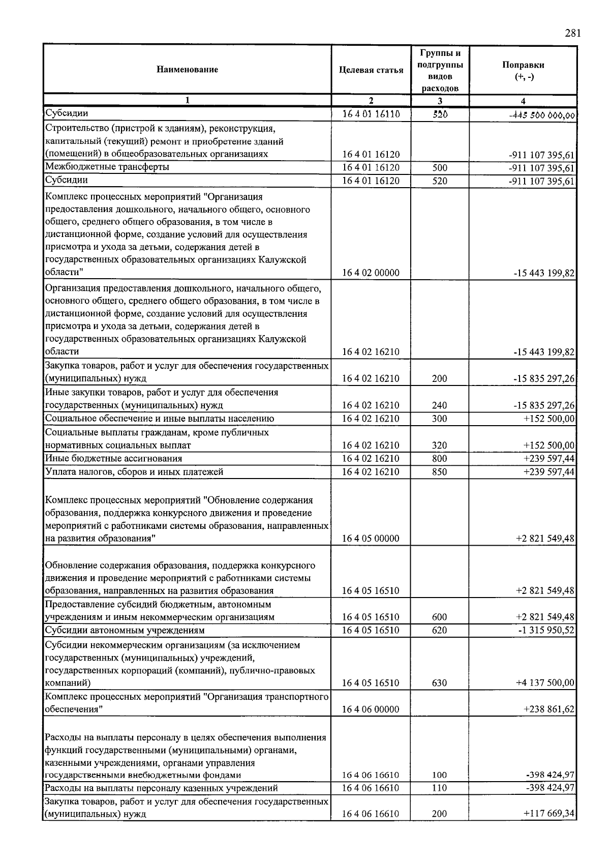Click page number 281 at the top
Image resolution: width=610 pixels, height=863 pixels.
pyautogui.click(x=572, y=34)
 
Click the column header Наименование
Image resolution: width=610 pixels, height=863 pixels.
pyautogui.click(x=187, y=70)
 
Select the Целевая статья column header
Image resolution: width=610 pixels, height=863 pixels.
pyautogui.click(x=371, y=70)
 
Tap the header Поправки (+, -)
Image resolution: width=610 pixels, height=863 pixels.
pyautogui.click(x=523, y=70)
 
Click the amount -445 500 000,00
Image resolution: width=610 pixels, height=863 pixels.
pyautogui.click(x=542, y=115)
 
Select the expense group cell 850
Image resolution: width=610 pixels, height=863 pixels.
pyautogui.click(x=439, y=472)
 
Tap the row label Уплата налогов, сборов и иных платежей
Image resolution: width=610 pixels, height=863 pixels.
pyautogui.click(x=134, y=472)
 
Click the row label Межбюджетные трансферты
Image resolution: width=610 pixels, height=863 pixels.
pyautogui.click(x=107, y=167)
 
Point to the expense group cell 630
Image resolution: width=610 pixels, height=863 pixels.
pyautogui.click(x=439, y=683)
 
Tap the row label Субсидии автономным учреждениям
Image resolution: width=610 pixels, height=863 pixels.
pyautogui.click(x=125, y=631)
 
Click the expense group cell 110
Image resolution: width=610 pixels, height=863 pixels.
pyautogui.click(x=439, y=788)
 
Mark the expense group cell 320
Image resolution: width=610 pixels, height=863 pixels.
pyautogui.click(x=439, y=445)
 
